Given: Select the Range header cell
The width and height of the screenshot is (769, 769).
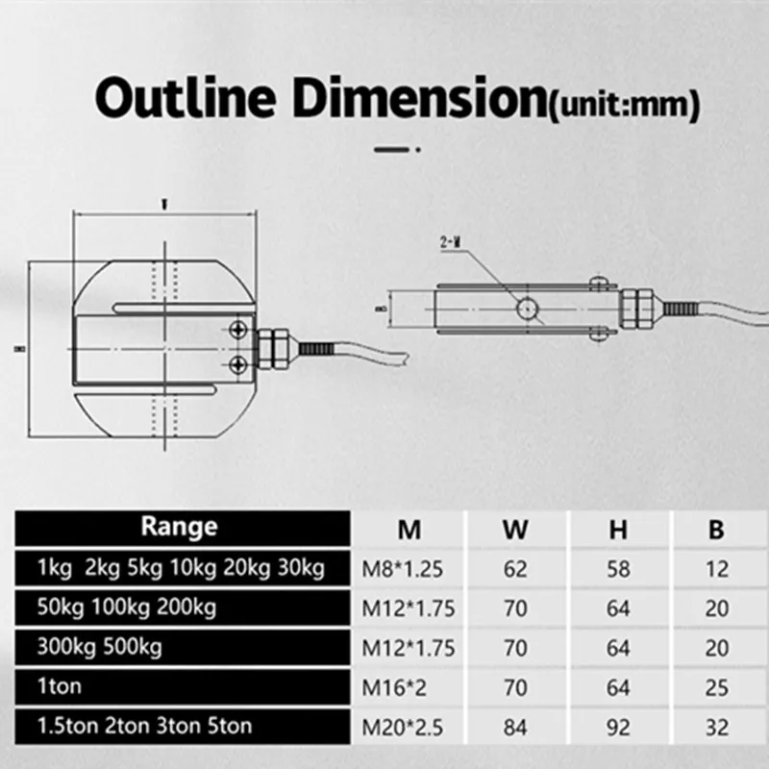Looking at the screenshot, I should [180, 527].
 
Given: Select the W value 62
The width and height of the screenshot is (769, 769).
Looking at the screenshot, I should [515, 569].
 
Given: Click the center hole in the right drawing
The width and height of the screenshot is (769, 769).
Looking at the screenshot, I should [526, 308].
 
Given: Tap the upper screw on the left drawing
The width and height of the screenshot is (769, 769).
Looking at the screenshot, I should [237, 331].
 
